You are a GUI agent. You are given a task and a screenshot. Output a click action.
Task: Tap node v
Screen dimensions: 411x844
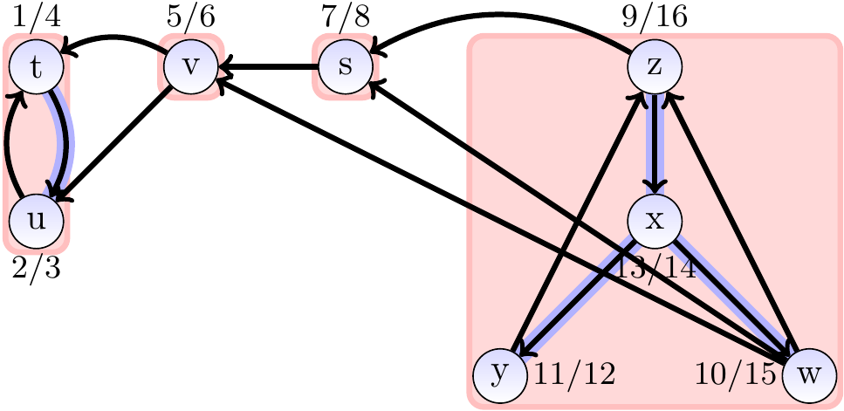pyautogui.click(x=190, y=67)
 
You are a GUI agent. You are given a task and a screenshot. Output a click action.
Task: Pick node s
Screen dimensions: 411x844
pyautogui.click(x=345, y=67)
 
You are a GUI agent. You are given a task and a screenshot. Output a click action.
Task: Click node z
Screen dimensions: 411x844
pyautogui.click(x=654, y=67)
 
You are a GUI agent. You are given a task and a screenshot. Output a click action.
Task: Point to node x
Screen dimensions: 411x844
pyautogui.click(x=654, y=219)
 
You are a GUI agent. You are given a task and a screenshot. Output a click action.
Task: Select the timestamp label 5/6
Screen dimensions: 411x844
pyautogui.click(x=190, y=17)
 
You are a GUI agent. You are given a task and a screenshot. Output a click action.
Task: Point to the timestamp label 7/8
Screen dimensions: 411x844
pyautogui.click(x=345, y=17)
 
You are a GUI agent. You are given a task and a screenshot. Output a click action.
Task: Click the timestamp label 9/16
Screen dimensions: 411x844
pyautogui.click(x=654, y=17)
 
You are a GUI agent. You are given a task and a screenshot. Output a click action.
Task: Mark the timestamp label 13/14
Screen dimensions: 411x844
pyautogui.click(x=656, y=267)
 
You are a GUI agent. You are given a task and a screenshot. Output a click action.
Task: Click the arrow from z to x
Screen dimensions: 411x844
pyautogui.click(x=654, y=144)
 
